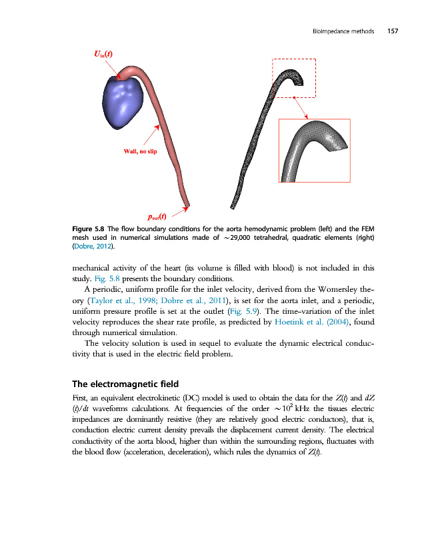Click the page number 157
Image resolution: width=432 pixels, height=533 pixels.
392,31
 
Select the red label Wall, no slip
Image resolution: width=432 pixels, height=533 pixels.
141,152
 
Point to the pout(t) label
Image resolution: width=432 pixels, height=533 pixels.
157,217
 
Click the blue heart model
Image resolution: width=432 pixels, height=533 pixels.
123,101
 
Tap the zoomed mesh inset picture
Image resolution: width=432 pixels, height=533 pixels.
314,150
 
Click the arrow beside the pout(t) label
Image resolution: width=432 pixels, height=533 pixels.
178,213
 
